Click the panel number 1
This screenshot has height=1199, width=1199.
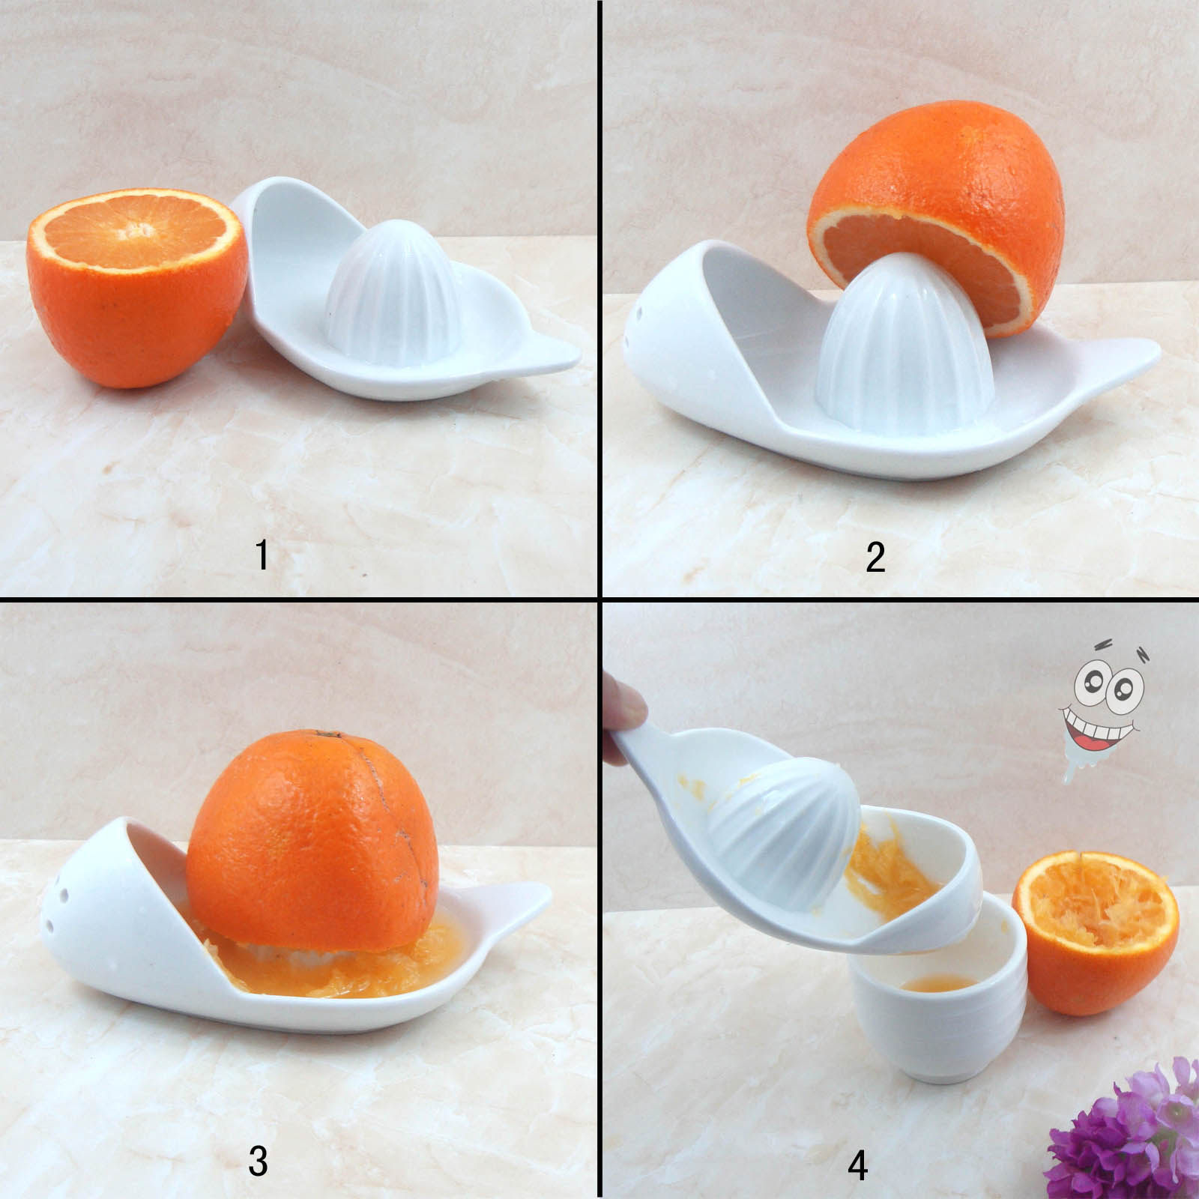[x=262, y=555]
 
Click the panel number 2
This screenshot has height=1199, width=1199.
[x=875, y=557]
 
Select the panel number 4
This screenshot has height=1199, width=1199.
[x=858, y=1165]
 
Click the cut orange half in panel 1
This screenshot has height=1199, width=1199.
[x=136, y=287]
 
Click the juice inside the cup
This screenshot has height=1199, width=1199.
[x=937, y=982]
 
